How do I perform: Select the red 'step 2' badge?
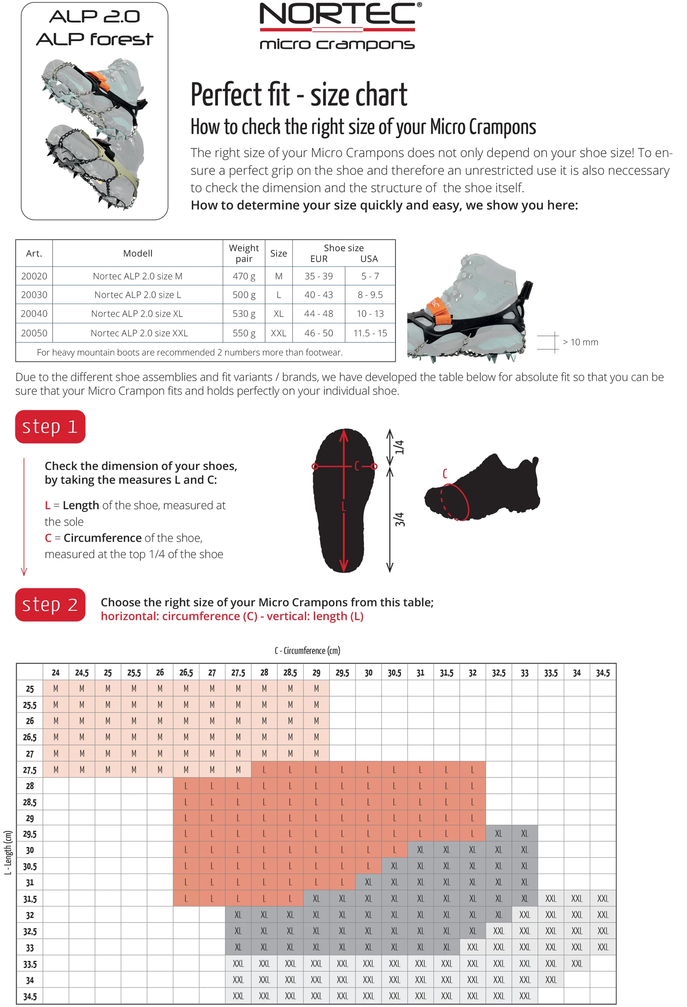tap(50, 604)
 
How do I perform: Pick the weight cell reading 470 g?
tap(244, 276)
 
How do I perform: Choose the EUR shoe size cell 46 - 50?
tap(318, 333)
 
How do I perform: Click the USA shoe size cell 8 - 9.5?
tap(370, 295)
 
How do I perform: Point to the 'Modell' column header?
tap(138, 253)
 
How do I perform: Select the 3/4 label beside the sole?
tap(399, 519)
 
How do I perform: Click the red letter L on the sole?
tap(343, 506)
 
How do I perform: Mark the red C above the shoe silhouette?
tap(444, 473)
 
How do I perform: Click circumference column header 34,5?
tap(603, 673)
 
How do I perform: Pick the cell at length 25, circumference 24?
tap(56, 689)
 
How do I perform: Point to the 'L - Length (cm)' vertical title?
tap(8, 852)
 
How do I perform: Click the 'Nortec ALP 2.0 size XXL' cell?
tap(139, 333)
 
